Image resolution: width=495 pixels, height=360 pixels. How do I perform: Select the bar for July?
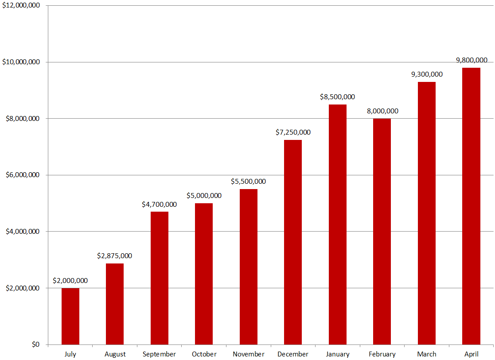(x=70, y=316)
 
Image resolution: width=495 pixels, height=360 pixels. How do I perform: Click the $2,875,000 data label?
(x=114, y=256)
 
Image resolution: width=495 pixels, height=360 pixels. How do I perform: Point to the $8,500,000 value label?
(x=337, y=97)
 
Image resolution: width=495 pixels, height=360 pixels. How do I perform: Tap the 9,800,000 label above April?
(x=472, y=60)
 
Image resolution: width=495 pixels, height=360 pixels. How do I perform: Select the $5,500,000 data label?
(x=248, y=182)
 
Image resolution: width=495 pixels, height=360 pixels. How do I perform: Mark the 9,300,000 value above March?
(x=427, y=74)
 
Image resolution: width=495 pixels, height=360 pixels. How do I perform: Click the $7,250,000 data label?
(x=293, y=132)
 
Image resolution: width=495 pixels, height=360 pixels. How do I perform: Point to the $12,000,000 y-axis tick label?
(x=21, y=5)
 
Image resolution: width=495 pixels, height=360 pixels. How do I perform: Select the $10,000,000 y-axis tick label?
(x=21, y=62)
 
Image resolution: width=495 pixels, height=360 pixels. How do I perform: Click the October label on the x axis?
(x=204, y=354)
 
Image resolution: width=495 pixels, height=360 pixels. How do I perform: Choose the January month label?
(x=337, y=354)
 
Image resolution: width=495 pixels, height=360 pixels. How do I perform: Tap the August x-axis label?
(x=115, y=354)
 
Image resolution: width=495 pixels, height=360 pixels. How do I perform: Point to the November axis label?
(x=248, y=354)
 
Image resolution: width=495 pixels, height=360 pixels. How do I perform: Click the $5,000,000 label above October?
(x=204, y=196)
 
